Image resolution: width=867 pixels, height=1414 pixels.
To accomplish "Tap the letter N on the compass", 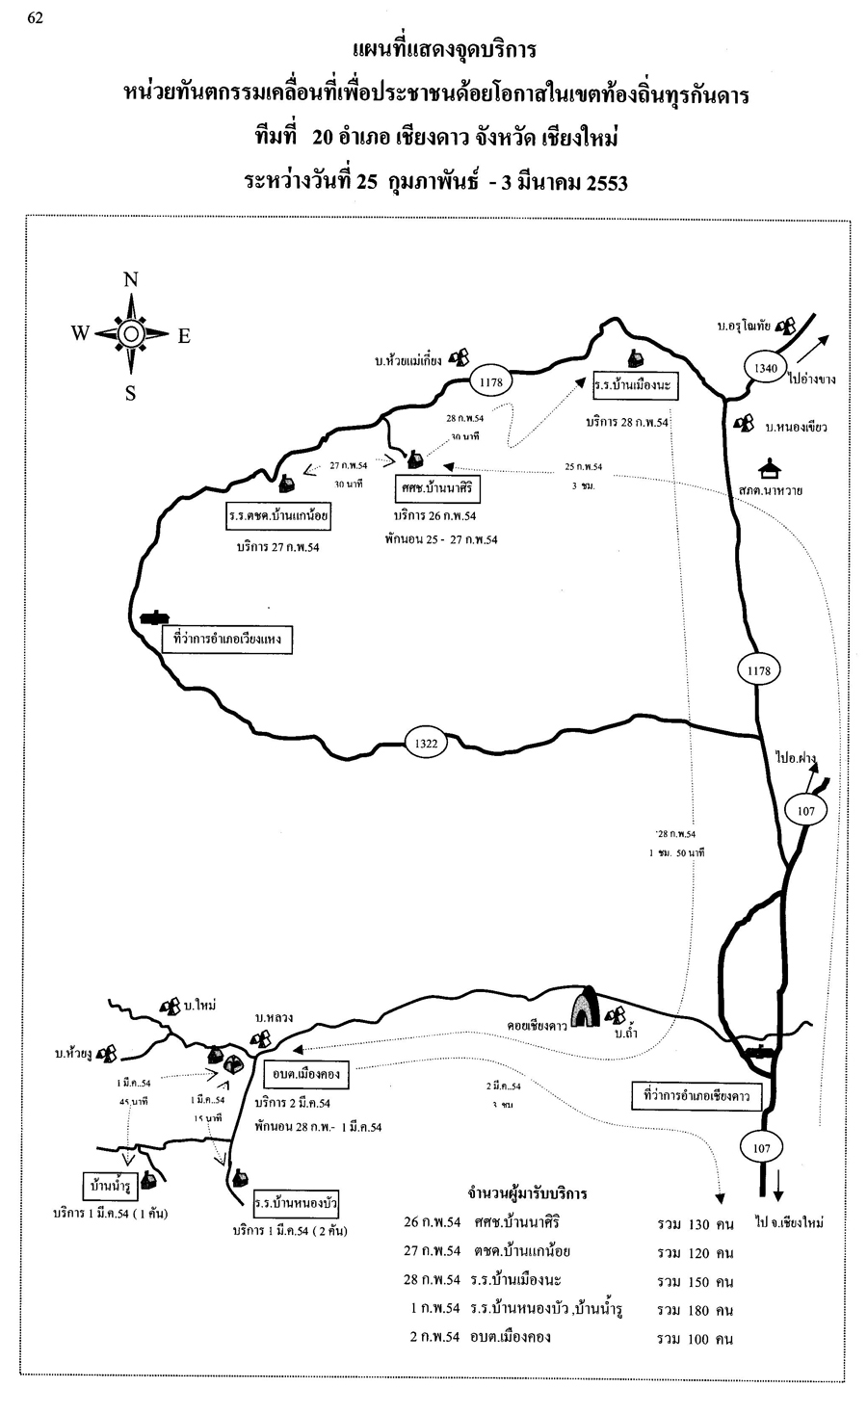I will point(131,280).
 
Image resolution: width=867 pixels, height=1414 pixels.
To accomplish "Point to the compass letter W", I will point(80,333).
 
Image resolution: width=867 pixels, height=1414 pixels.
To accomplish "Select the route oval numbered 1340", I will point(764,367).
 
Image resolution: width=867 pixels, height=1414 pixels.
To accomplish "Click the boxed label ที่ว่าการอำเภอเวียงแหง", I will point(227,639).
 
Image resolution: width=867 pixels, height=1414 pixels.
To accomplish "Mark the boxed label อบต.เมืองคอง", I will point(304,1074).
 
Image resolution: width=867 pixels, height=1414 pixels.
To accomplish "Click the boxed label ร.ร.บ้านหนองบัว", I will point(296,1203).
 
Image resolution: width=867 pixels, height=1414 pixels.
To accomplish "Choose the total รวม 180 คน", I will point(696,1310).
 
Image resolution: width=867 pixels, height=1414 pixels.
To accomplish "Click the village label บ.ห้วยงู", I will point(72,1055).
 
